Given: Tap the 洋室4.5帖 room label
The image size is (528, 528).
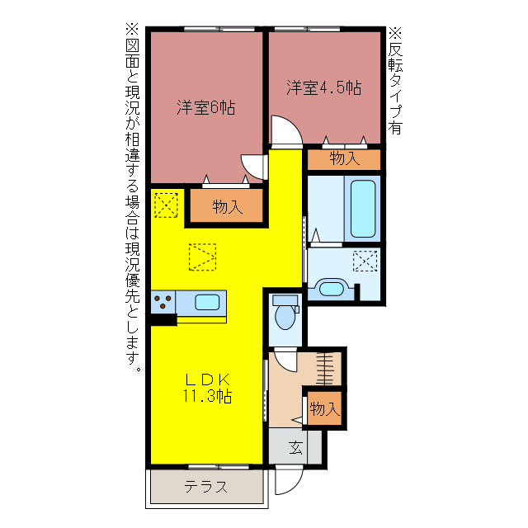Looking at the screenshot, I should pos(324,87).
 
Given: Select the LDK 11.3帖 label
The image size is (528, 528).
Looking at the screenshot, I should pos(207,388).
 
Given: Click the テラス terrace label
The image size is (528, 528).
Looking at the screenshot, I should pos(205,486).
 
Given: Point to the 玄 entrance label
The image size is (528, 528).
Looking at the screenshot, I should pos(295,449).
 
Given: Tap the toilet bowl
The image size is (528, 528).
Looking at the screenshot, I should pos(286,314).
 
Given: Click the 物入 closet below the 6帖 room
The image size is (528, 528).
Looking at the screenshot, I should pos(227,207).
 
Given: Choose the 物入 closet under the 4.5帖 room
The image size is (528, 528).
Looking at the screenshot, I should pos(344,158).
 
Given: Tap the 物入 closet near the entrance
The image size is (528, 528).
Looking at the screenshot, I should pos(323,408).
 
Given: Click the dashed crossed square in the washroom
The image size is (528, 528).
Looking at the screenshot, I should pos(364,261).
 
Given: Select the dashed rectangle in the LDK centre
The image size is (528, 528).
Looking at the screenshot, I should pos(203,257).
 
